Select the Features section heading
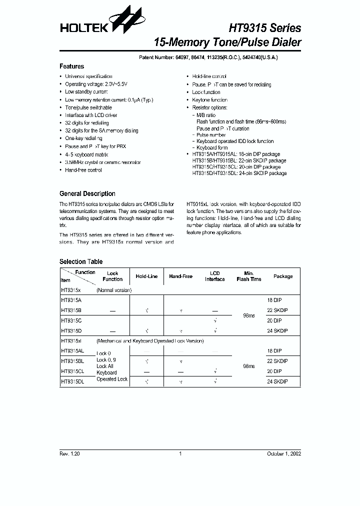click(71, 66)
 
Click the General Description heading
click(87, 193)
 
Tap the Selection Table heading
click(80, 261)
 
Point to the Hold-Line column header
click(146, 276)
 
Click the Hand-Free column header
click(180, 276)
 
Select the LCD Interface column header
click(215, 276)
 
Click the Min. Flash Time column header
click(249, 276)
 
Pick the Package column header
click(283, 276)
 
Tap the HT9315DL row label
click(72, 381)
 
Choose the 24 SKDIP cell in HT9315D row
click(277, 330)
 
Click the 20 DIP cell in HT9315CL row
click(274, 371)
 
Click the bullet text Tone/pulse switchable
click(88, 107)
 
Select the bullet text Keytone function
click(209, 100)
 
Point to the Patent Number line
click(208, 57)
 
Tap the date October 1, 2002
click(284, 453)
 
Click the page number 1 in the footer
click(180, 453)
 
